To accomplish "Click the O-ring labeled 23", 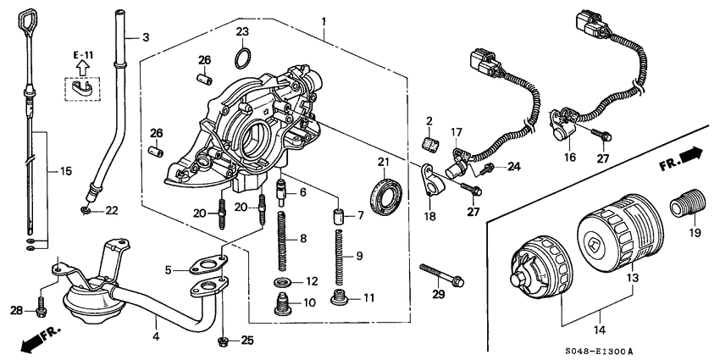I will [241, 58].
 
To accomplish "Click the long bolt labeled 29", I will [440, 274].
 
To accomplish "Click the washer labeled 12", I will [280, 280].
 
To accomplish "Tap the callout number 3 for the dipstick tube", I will [145, 37].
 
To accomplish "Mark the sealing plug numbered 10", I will [280, 304].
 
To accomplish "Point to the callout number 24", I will [514, 166].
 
